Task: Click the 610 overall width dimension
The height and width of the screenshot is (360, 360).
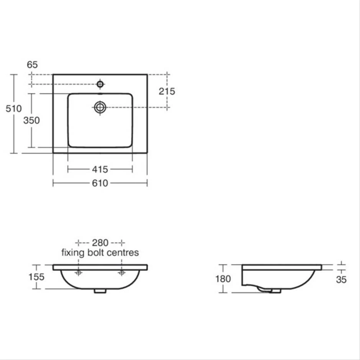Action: coord(100,183)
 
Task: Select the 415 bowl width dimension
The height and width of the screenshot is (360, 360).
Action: coord(100,169)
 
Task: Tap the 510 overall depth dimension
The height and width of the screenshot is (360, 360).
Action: coord(13,109)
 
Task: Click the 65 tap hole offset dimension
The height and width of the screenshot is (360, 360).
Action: coord(33,65)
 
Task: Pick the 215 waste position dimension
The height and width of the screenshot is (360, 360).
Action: coord(167,91)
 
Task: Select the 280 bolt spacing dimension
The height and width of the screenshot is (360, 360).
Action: coord(100,242)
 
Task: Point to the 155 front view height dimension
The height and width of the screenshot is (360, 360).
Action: coord(36,277)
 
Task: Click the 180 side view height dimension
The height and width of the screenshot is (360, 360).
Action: coord(223,278)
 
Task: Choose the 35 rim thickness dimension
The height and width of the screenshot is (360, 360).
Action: coord(341,280)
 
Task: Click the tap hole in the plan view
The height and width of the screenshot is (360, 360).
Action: coord(100,84)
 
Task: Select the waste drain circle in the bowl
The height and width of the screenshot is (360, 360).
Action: coord(100,108)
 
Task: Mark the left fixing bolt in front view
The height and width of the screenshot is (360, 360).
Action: coord(79,273)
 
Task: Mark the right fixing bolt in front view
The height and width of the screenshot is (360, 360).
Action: coord(122,273)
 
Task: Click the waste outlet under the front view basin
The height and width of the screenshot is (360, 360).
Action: coord(100,291)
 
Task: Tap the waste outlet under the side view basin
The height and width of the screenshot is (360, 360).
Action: coord(275,291)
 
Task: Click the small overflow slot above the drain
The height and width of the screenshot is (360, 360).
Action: coord(100,93)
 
